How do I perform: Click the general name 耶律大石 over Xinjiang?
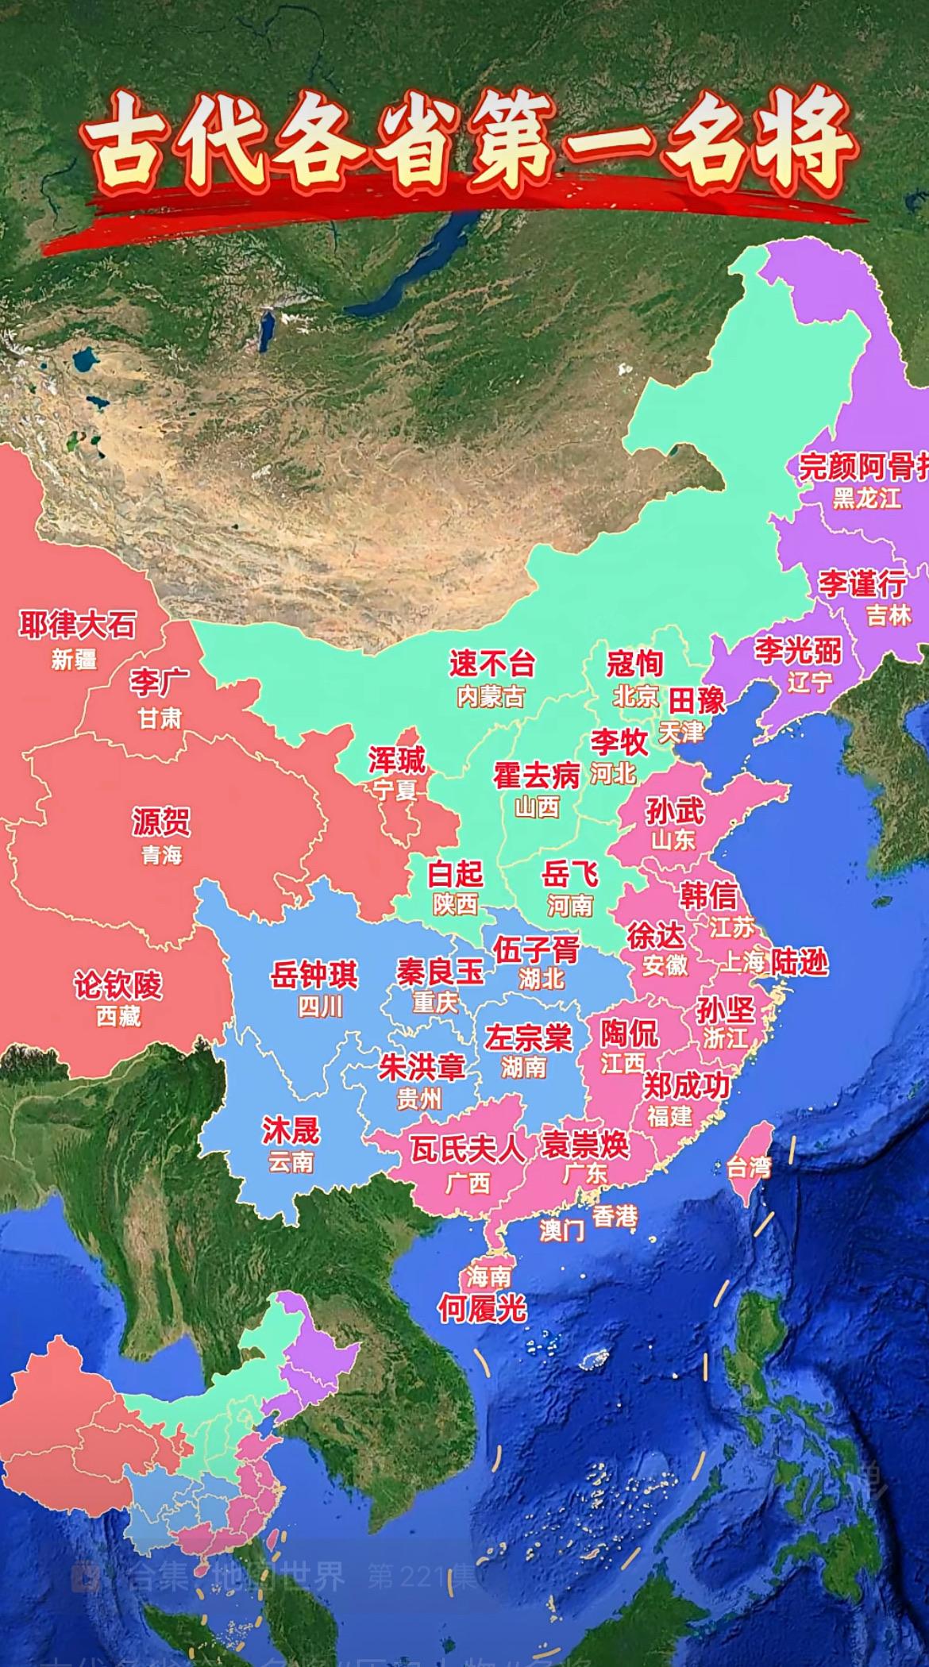pyautogui.click(x=77, y=626)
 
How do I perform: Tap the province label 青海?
pyautogui.click(x=161, y=855)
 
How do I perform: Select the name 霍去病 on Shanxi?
pyautogui.click(x=537, y=776)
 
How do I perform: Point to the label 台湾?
pyautogui.click(x=749, y=1168)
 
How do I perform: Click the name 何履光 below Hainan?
pyautogui.click(x=482, y=1309)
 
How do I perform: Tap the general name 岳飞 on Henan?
pyautogui.click(x=569, y=875)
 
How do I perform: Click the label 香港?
pyautogui.click(x=615, y=1215)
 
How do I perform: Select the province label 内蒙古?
pyautogui.click(x=491, y=697)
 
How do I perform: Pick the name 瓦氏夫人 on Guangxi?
pyautogui.click(x=467, y=1149)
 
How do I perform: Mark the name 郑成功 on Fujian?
pyautogui.click(x=686, y=1085)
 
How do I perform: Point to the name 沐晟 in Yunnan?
pyautogui.click(x=291, y=1130)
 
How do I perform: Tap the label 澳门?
pyautogui.click(x=561, y=1230)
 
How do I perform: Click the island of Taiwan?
pyautogui.click(x=750, y=1143)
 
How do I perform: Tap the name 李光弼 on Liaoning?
pyautogui.click(x=797, y=651)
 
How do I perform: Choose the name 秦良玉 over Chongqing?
pyautogui.click(x=440, y=971)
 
